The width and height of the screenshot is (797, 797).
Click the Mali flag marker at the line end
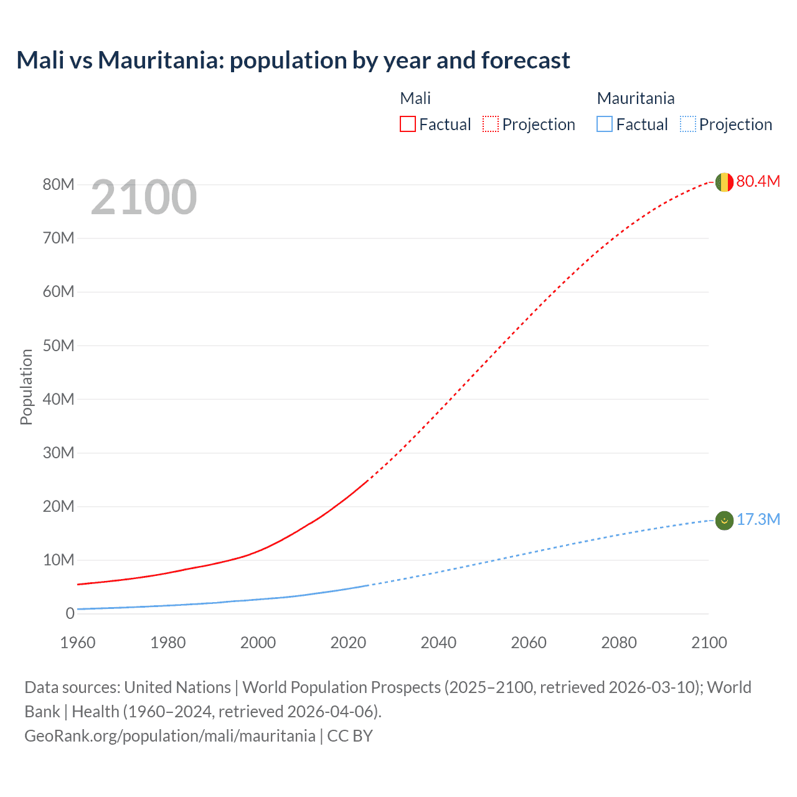[x=724, y=182]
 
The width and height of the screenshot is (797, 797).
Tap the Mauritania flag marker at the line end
[x=724, y=520]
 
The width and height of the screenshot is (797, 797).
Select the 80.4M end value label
[x=758, y=181]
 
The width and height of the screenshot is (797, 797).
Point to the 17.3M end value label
[x=758, y=519]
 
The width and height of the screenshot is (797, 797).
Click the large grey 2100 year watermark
[x=144, y=197]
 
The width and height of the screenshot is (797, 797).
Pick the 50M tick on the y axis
[x=59, y=346]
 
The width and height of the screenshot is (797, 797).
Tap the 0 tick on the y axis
[x=70, y=613]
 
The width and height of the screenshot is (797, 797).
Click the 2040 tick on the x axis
[x=438, y=643]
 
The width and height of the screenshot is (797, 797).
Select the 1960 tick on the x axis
[x=78, y=643]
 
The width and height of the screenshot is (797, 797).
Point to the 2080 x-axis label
[x=619, y=643]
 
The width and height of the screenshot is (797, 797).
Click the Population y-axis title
[x=26, y=387]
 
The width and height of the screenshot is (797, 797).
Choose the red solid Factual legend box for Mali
[x=408, y=124]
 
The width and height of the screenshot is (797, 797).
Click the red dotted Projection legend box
[x=491, y=124]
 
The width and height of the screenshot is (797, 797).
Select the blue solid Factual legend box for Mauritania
[x=605, y=124]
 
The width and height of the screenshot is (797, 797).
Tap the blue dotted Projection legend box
[x=688, y=124]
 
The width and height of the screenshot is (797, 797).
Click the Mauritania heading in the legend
[x=635, y=98]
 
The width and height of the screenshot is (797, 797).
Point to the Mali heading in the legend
[x=415, y=98]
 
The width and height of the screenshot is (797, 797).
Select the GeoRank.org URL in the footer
[x=169, y=735]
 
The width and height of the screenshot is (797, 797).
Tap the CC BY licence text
[x=350, y=735]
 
